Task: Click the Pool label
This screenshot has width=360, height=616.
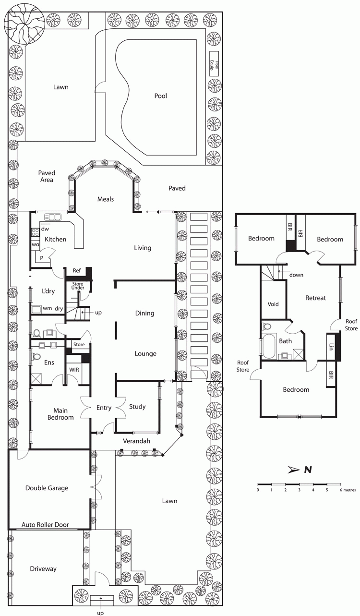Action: (161, 96)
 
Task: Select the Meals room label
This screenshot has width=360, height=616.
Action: (106, 199)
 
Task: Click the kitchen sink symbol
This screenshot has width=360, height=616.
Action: (52, 217)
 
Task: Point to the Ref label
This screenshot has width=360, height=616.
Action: (77, 271)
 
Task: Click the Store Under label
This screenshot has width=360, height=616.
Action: (78, 286)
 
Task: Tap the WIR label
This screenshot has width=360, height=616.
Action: (74, 370)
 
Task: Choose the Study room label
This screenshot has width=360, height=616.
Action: (137, 407)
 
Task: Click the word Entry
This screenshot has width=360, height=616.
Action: (104, 408)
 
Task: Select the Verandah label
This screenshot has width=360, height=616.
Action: (136, 441)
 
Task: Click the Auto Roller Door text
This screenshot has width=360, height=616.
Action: (46, 525)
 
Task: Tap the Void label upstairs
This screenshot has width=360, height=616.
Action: (273, 304)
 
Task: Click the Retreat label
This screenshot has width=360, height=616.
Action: (315, 298)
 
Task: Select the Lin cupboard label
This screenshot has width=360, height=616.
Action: (331, 347)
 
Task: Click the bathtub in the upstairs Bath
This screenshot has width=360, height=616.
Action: (269, 346)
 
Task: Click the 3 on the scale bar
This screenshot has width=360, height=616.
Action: (299, 490)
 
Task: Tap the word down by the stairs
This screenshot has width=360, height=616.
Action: (296, 275)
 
